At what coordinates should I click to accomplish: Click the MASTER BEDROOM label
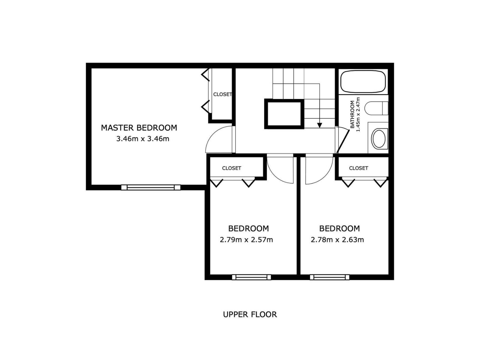point(139,128)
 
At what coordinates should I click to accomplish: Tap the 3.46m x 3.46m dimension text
point(142,139)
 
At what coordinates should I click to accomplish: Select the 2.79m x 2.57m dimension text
point(246,240)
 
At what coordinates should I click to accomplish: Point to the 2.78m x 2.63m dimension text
point(337,240)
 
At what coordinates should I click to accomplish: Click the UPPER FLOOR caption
point(250,314)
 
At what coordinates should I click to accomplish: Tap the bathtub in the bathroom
point(363,81)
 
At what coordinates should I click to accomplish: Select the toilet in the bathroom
point(376,108)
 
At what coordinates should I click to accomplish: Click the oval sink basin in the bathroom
point(379,139)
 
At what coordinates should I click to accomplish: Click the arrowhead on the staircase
point(319,125)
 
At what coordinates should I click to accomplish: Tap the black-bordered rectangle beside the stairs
point(284,114)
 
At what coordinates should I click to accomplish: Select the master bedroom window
point(151,187)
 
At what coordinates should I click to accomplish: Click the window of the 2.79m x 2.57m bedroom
point(251,277)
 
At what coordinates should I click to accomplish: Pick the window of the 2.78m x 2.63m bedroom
point(329,277)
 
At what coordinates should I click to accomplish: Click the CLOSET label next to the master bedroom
point(222,94)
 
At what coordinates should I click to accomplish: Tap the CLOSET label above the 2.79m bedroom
point(232,168)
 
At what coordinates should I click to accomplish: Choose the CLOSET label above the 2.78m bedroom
point(358,168)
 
